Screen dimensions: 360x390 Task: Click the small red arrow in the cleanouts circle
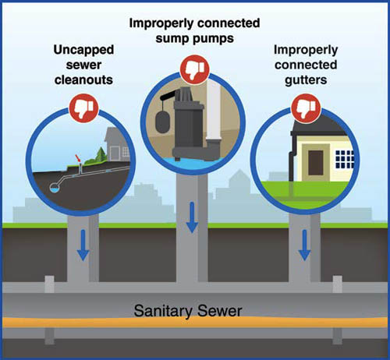point(76,161)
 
